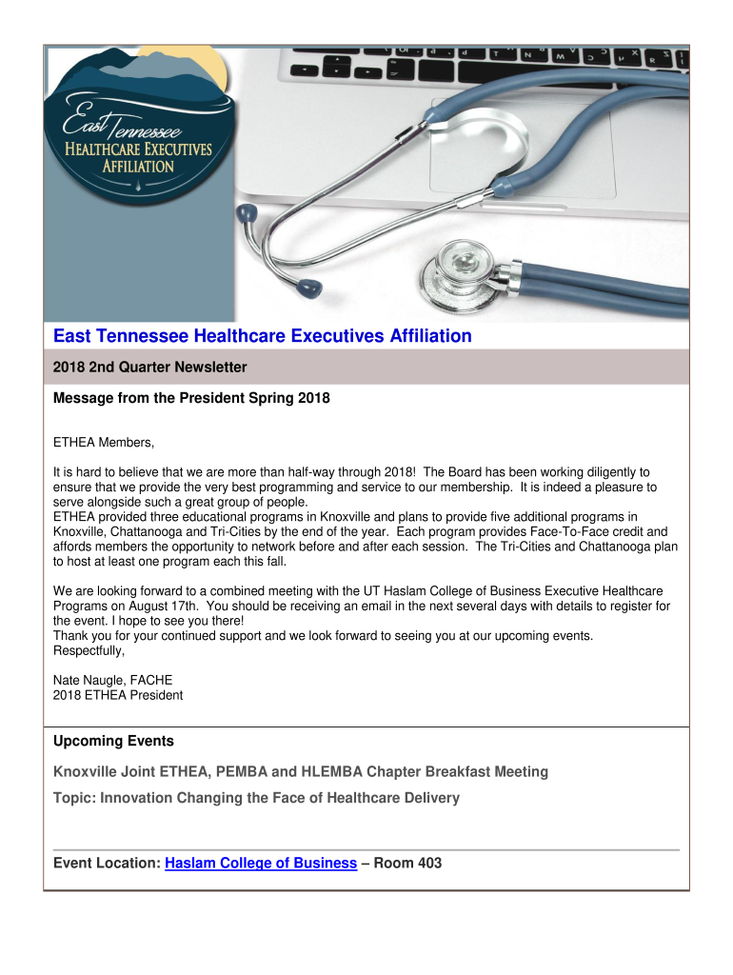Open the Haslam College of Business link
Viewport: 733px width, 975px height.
point(261,864)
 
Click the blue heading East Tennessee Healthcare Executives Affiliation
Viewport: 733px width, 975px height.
point(262,336)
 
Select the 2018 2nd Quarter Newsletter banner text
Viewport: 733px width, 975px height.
point(150,367)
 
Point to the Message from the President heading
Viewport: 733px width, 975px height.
point(191,399)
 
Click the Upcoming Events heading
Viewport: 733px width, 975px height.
point(113,741)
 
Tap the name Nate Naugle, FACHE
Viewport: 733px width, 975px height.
point(112,680)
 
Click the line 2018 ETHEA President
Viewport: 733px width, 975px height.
point(118,695)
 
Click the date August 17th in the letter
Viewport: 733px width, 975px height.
point(149,606)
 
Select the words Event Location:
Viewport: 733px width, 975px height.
point(107,864)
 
